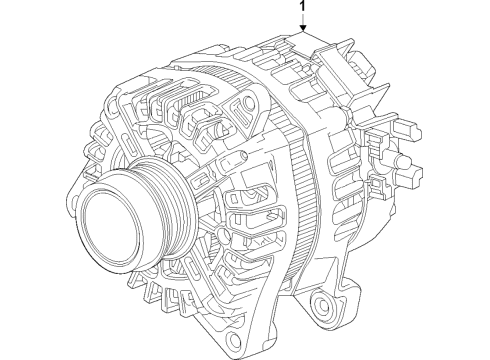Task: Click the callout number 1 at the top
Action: coord(303,6)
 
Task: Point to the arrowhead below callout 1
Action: coord(303,29)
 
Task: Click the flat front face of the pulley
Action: coord(110,227)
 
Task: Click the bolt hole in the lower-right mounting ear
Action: coord(322,304)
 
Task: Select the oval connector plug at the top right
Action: coord(363,68)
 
